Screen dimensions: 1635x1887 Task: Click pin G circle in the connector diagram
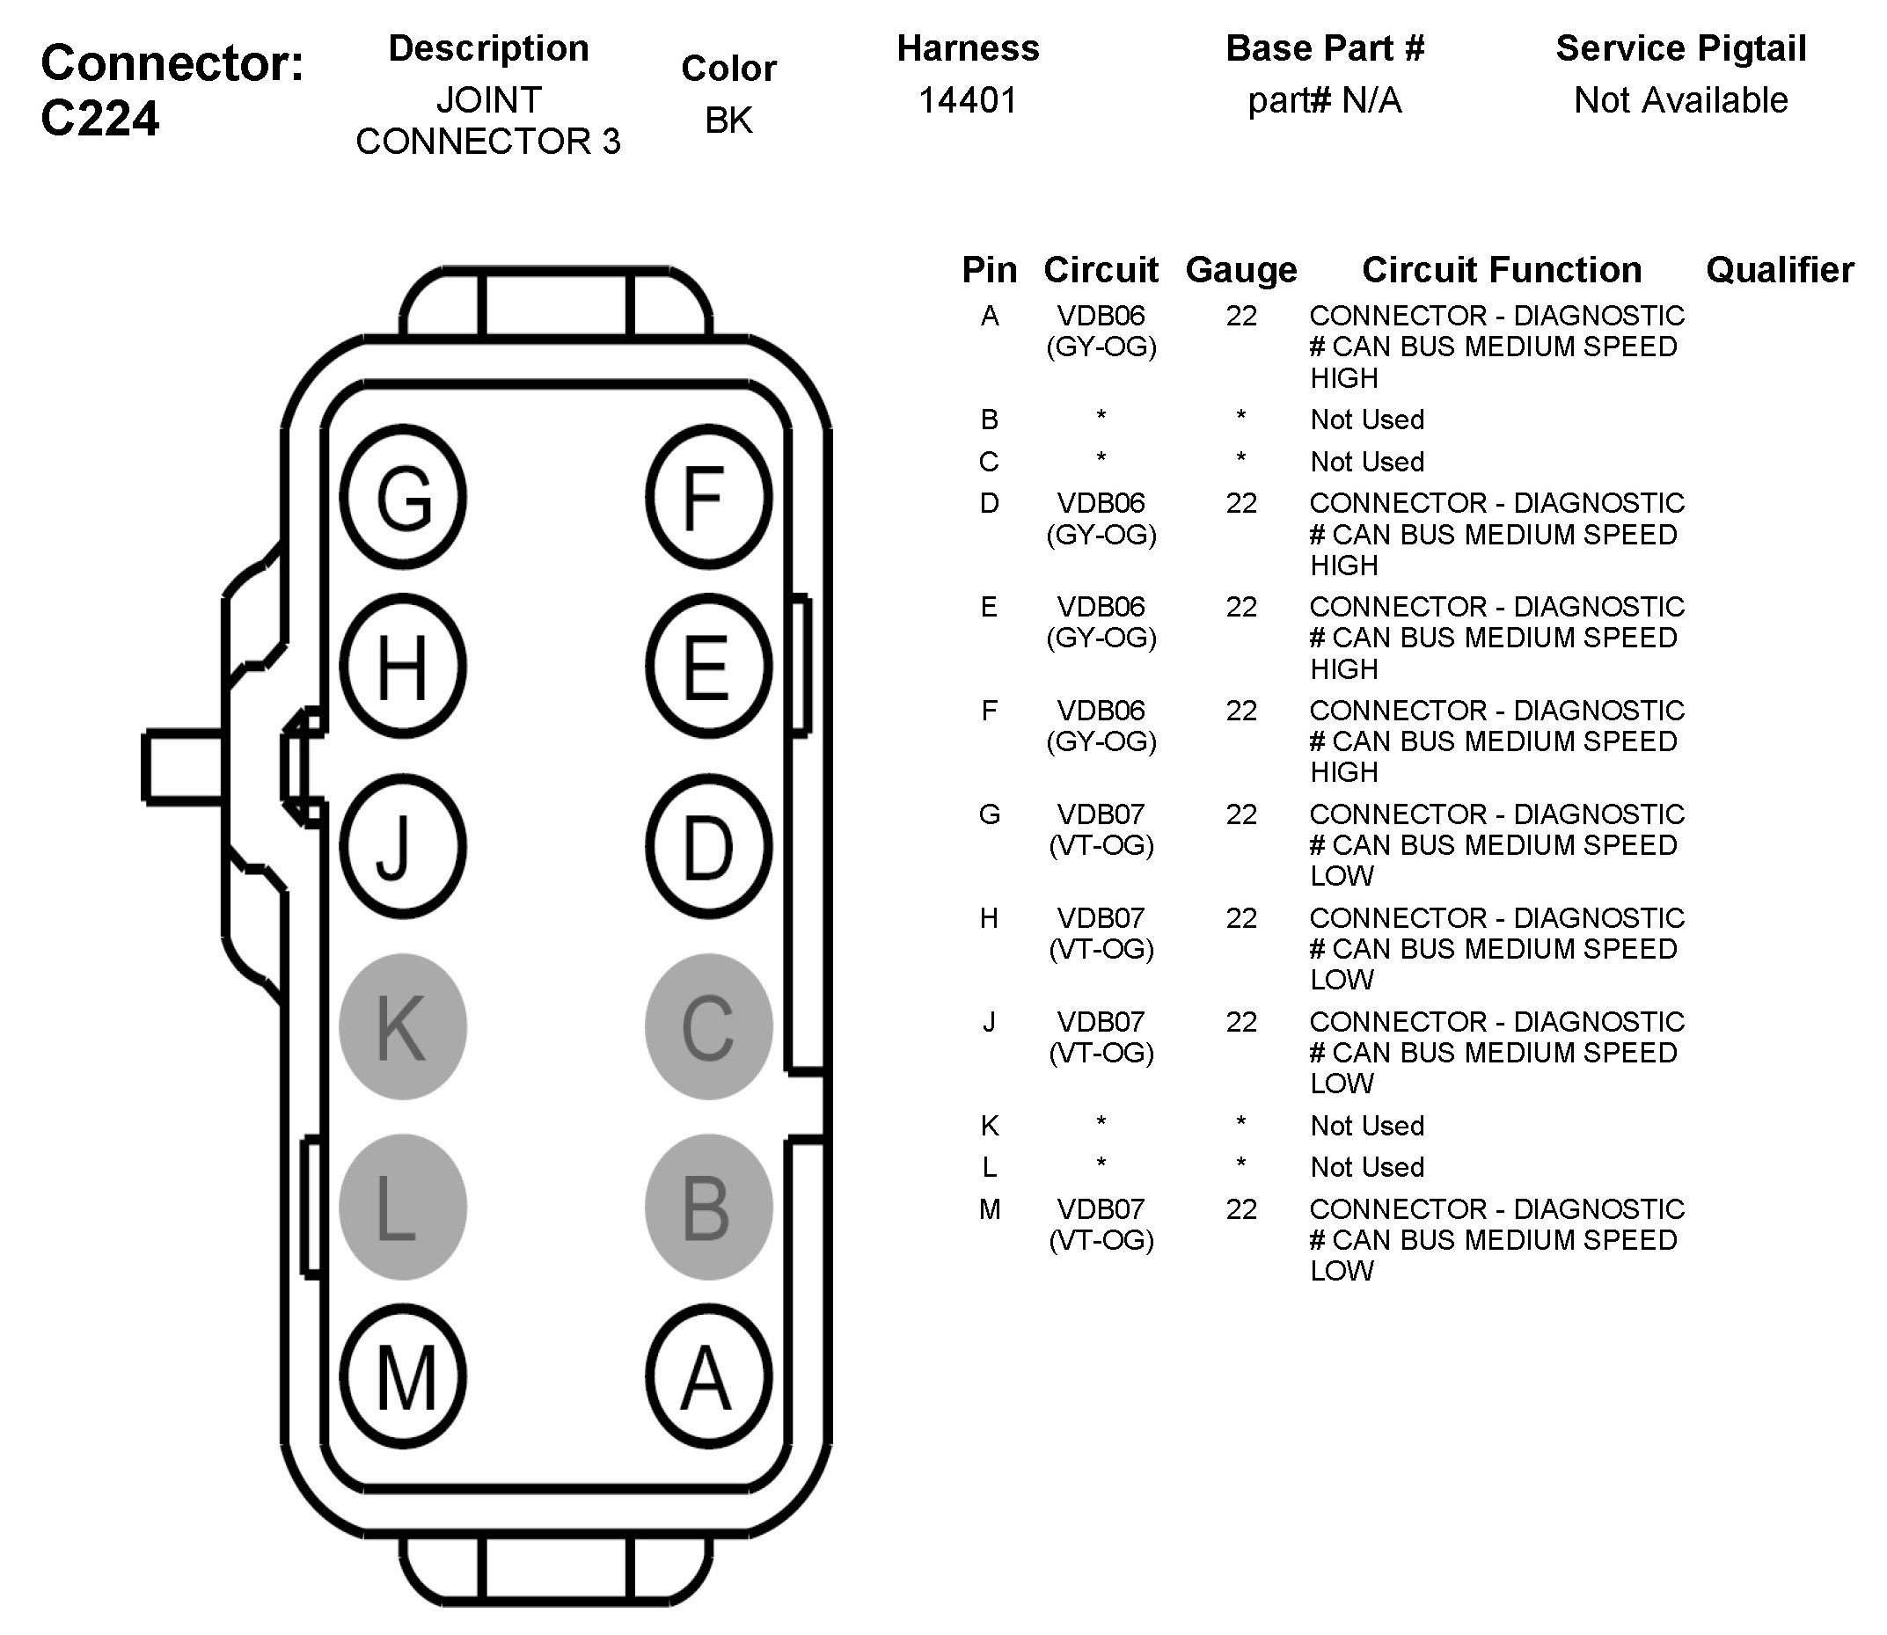[x=403, y=498]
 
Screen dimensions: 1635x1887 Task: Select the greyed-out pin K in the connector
[x=403, y=1026]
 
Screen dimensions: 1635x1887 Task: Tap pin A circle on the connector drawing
[x=708, y=1377]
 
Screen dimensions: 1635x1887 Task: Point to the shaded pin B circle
[x=708, y=1207]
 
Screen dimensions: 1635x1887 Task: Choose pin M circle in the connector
[x=403, y=1377]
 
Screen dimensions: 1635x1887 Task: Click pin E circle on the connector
[x=708, y=667]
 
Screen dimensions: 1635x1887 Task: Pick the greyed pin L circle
[x=403, y=1207]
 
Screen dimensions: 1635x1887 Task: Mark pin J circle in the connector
[x=403, y=847]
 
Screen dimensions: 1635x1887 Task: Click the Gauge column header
[x=1241, y=270]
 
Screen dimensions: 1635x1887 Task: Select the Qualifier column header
[x=1780, y=270]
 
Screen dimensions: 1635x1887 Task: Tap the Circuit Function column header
[x=1501, y=270]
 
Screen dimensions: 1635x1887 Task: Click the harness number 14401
[x=967, y=100]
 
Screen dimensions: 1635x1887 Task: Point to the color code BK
[x=728, y=120]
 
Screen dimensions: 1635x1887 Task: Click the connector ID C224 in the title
[x=100, y=119]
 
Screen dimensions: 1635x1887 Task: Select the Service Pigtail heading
[x=1681, y=48]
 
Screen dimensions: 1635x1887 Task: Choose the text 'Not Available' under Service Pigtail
[x=1681, y=100]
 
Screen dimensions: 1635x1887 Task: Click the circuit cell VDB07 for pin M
[x=1101, y=1210]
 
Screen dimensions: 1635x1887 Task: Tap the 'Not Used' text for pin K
[x=1367, y=1126]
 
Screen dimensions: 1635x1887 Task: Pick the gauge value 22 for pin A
[x=1241, y=316]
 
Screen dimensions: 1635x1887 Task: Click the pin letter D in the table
[x=989, y=503]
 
